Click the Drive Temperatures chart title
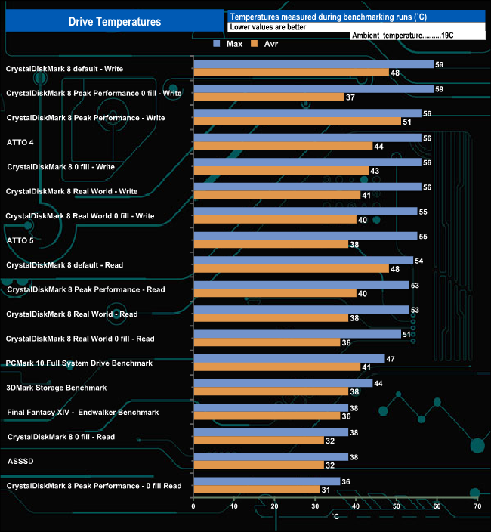coord(115,22)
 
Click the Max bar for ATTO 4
coord(307,138)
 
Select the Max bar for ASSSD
coord(270,456)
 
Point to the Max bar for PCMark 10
coord(289,359)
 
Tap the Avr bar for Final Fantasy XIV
coord(267,416)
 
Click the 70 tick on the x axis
coord(477,506)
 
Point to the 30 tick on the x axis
coord(315,506)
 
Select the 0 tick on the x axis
coord(194,506)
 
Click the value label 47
coord(390,359)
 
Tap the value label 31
coord(325,490)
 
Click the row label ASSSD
coord(20,461)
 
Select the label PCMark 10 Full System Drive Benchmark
coord(79,363)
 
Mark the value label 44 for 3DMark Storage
coord(378,383)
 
